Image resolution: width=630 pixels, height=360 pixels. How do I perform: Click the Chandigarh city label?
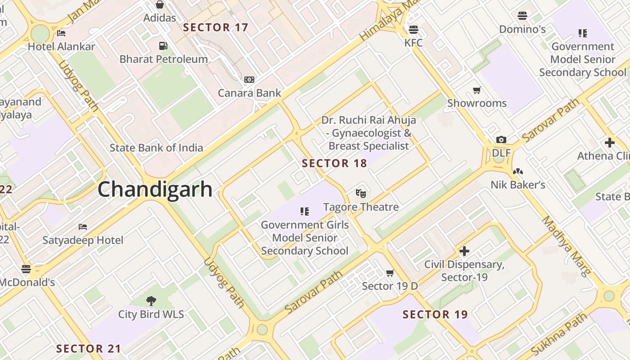pos(155,189)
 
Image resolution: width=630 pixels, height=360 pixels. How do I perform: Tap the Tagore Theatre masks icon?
pos(360,193)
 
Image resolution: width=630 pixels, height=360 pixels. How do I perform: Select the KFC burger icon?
pos(414,30)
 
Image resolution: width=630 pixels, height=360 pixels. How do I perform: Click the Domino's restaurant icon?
pos(522,16)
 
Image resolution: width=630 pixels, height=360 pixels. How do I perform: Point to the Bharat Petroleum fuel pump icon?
pos(163,45)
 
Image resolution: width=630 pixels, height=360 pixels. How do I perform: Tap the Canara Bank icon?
pos(249,80)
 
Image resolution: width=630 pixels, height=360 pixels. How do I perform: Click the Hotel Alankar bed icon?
pos(62,33)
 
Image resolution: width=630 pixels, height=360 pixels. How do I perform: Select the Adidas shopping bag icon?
pos(159,4)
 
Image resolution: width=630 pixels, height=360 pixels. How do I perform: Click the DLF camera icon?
pos(501,140)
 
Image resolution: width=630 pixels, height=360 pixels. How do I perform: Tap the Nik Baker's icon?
pos(518,171)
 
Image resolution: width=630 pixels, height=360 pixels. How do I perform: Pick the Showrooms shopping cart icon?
pos(477,90)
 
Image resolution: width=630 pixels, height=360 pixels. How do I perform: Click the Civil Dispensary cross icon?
pos(464,251)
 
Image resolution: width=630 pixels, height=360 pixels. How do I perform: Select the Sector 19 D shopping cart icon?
pos(390,273)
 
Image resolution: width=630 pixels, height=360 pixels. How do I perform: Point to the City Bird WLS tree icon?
pos(151,301)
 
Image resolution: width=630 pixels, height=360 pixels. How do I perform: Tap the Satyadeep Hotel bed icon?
pos(83,226)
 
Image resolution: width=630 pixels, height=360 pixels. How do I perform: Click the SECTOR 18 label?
pos(334,163)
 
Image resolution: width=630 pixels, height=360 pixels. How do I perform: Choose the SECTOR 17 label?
pos(216,27)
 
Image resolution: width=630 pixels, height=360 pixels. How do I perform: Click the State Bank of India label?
pos(156,148)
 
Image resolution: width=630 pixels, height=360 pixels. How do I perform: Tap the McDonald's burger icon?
pos(26,269)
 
